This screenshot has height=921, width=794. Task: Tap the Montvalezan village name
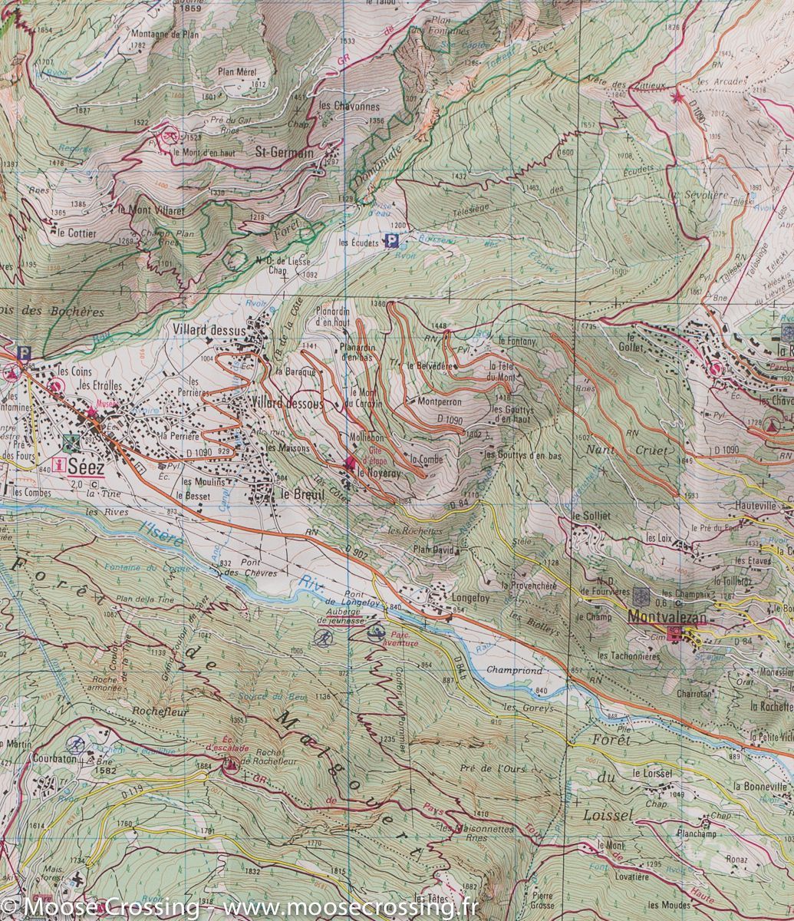pyautogui.click(x=666, y=616)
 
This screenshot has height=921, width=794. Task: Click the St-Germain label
pyautogui.click(x=284, y=153)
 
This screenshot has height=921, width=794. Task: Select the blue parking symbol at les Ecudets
pyautogui.click(x=392, y=242)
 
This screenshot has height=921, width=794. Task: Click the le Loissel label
pyautogui.click(x=652, y=774)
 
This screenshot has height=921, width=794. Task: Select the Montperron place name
pyautogui.click(x=439, y=401)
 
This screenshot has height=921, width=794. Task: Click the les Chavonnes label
pyautogui.click(x=349, y=107)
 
